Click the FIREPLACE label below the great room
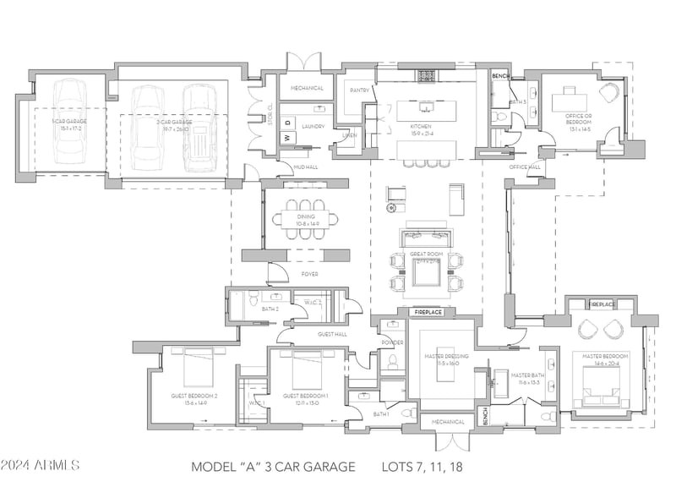coord(427,312)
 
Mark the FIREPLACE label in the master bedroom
coord(601,304)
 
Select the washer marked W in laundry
coord(286,137)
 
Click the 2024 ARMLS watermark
coord(40,466)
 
